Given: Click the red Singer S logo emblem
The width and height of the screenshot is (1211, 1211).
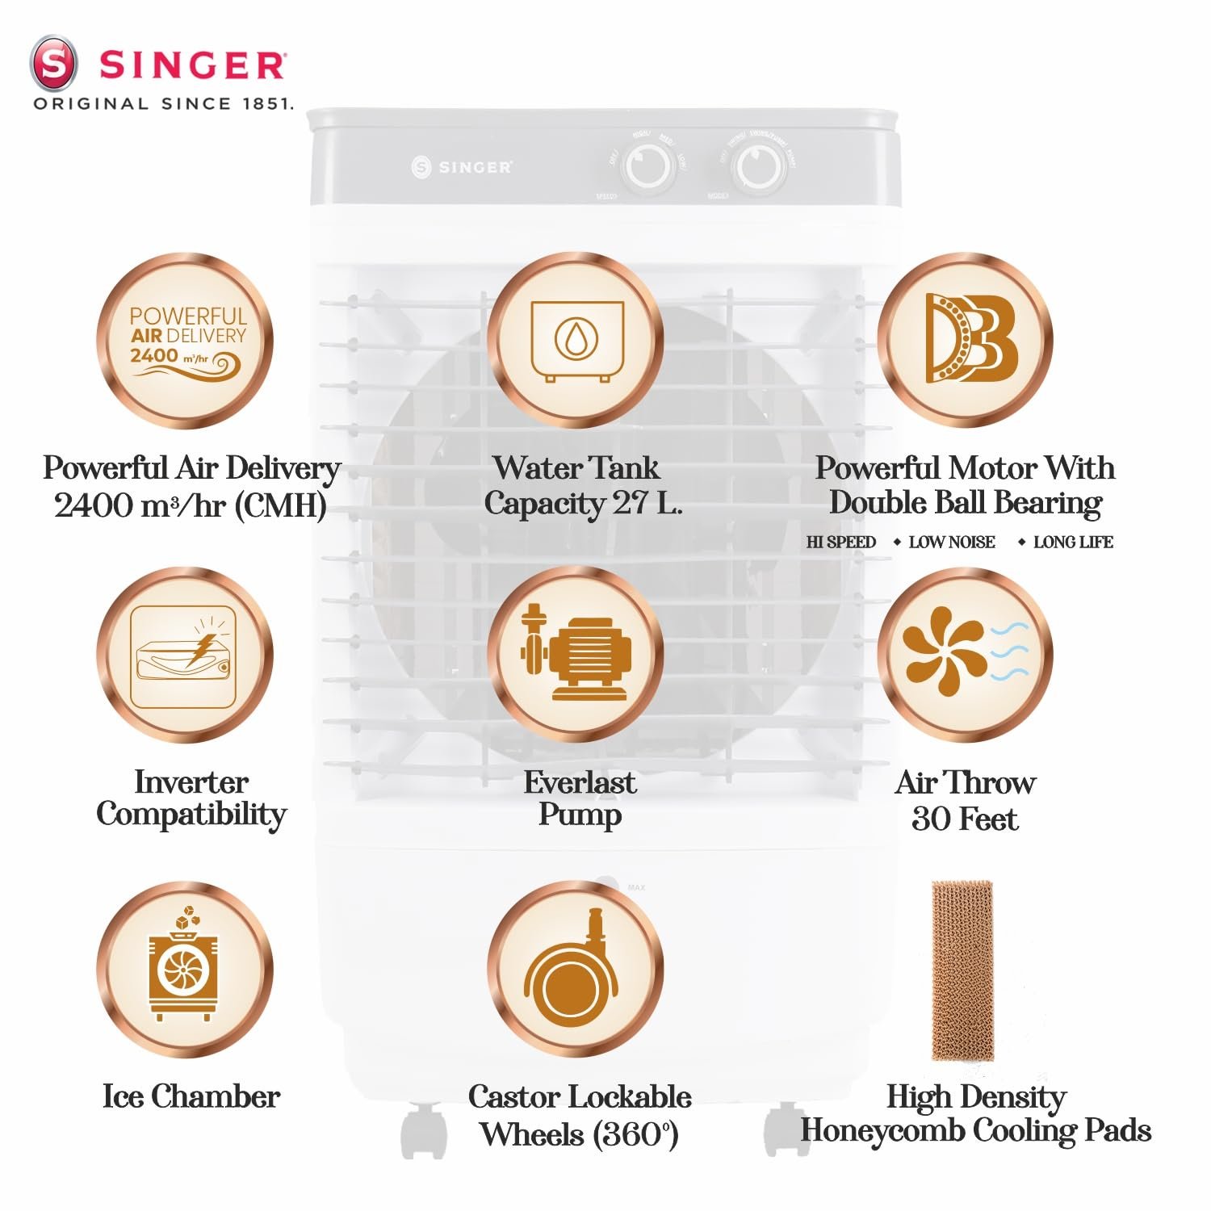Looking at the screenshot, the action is click(53, 64).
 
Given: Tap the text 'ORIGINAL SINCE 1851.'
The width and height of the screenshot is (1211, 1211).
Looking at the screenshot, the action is click(163, 103).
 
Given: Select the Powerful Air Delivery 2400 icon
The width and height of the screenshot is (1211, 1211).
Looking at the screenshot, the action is click(185, 340).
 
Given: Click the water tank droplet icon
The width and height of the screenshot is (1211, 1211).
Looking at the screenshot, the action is click(576, 340).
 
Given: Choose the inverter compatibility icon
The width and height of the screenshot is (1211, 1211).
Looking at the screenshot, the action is click(185, 655).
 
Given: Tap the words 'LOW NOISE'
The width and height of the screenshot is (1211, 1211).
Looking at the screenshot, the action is click(952, 542).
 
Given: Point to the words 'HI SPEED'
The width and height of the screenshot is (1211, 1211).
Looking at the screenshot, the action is click(841, 542).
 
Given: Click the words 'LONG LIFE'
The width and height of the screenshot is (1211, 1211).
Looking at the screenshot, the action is click(1073, 542).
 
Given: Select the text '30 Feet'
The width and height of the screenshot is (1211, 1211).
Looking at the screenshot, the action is click(965, 819).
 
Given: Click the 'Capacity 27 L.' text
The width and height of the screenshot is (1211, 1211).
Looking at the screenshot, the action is click(583, 504).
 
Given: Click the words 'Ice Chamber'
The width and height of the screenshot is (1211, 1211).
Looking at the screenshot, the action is click(191, 1096).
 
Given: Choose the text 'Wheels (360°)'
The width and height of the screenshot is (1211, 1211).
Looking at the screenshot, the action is click(579, 1134).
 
